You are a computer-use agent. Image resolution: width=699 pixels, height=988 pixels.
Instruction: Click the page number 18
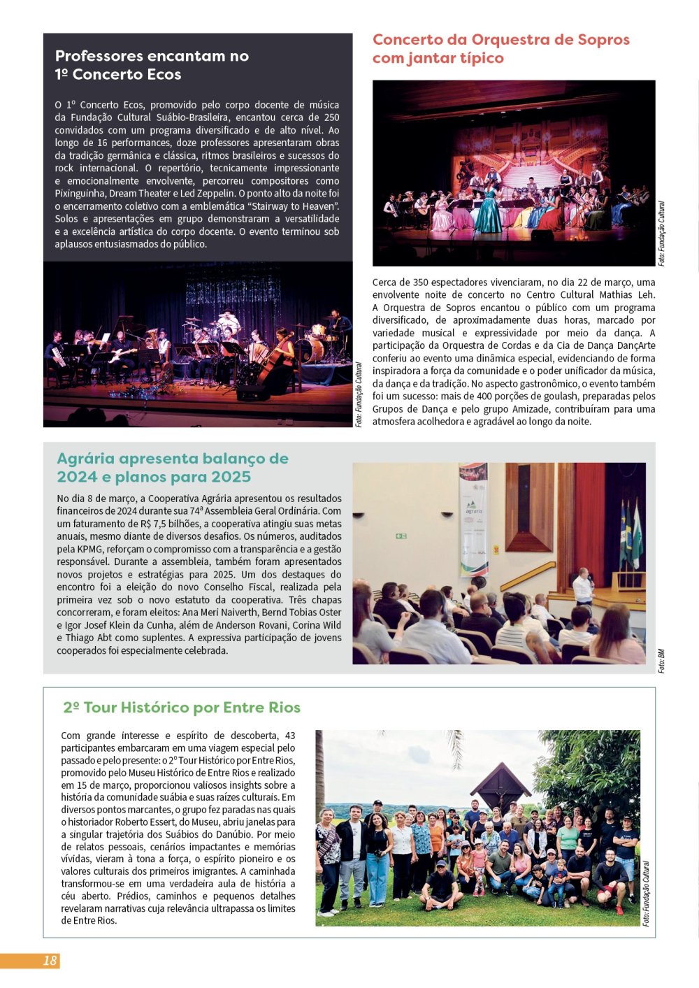click(50, 961)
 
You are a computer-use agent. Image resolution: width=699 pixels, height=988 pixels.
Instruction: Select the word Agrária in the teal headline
click(89, 459)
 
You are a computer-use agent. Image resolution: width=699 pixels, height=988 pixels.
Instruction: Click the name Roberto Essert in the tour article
click(146, 822)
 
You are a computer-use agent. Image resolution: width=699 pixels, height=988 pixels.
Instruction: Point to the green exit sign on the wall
click(401, 536)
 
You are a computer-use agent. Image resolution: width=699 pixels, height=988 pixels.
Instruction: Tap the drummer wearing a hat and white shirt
click(228, 321)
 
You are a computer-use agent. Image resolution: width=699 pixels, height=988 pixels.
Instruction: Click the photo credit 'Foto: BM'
click(661, 661)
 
